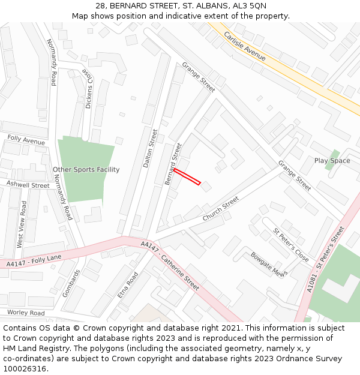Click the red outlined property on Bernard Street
[x=187, y=177]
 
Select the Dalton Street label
[x=151, y=148]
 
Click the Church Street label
[x=221, y=208]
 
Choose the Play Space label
[x=332, y=161]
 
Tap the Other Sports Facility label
[x=86, y=170]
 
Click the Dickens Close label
[x=88, y=88]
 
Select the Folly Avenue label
[x=26, y=140]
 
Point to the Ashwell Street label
[x=28, y=185]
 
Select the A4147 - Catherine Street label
[x=170, y=266]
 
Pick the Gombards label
[x=71, y=283]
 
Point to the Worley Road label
[x=26, y=313]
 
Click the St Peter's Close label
[x=291, y=245]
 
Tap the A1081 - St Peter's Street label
[x=326, y=259]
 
